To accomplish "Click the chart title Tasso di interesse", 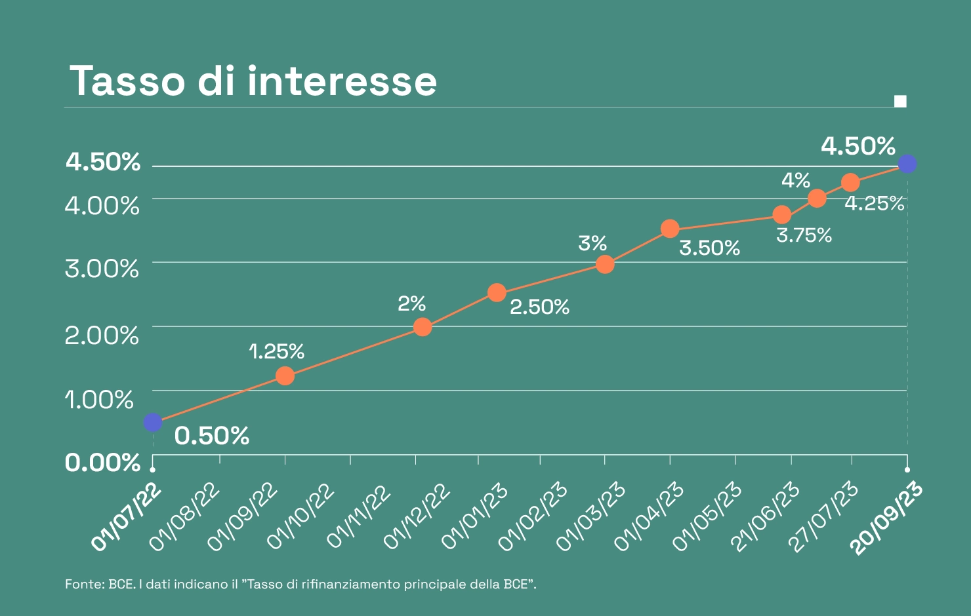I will point(253,81).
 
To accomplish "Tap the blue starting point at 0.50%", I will point(153,423).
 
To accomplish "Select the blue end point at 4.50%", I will point(907,164).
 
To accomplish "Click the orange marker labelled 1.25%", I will point(285,376).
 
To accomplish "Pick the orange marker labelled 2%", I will point(423,327).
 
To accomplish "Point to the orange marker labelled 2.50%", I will point(497,292).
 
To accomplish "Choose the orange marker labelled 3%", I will point(605,265).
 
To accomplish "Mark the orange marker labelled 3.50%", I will point(670,229).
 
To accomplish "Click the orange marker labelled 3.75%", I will point(781,215).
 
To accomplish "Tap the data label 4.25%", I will point(874,204).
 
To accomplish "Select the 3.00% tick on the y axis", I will point(102,269).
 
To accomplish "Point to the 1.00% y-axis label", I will point(99,399).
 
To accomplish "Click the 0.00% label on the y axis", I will point(102,463).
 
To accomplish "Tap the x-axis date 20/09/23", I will point(887,518).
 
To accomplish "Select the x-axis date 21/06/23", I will point(765,517).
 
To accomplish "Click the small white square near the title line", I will point(900,101).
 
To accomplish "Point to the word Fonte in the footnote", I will point(84,584).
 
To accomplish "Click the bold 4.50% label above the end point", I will point(858,146).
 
